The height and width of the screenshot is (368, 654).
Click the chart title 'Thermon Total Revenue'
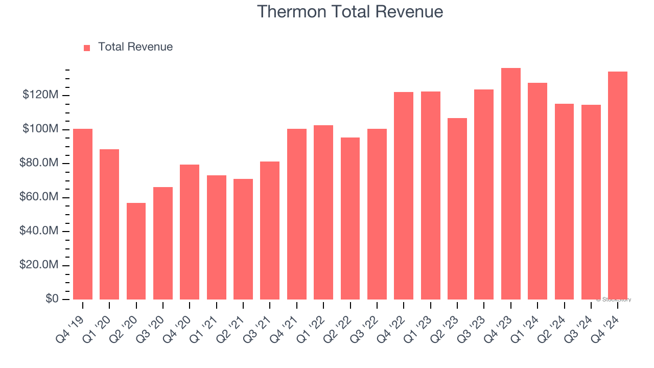(349, 11)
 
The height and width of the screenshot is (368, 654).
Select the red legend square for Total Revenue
(87, 48)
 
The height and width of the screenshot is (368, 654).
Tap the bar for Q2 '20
(136, 251)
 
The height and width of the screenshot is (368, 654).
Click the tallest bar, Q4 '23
(510, 183)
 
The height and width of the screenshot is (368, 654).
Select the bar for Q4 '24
(617, 185)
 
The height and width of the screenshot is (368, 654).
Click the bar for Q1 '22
(323, 212)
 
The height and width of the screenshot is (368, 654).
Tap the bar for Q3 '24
(591, 202)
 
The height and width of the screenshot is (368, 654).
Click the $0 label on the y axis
(52, 298)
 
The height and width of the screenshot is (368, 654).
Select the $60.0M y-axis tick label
(39, 197)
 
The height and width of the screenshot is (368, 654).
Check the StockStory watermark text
(613, 300)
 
